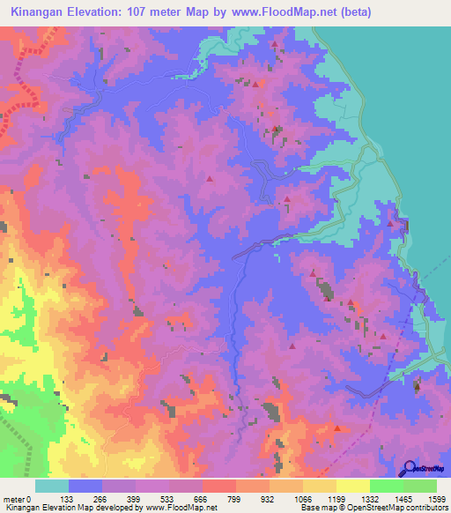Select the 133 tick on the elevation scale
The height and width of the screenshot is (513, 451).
(67, 499)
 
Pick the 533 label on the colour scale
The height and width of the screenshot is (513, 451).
(168, 499)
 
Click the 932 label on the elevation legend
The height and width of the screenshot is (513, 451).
(268, 499)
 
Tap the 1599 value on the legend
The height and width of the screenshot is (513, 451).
(436, 499)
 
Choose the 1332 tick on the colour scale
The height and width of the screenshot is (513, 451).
(369, 499)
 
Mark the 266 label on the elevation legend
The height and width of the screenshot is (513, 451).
(100, 499)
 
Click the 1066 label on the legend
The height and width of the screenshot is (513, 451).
(301, 499)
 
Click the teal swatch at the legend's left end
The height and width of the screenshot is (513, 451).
(51, 486)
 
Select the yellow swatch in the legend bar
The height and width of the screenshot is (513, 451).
(352, 486)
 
